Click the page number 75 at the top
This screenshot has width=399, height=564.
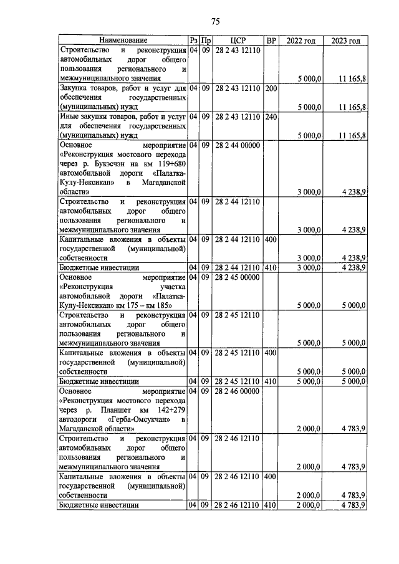pos(215,22)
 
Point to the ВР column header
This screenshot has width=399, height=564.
pos(271,41)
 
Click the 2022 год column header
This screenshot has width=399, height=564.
pos(300,41)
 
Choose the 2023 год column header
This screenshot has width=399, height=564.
pos(345,41)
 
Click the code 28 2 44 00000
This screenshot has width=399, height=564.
pos(238,145)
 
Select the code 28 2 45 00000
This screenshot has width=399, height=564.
pos(238,277)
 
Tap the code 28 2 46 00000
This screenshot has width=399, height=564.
pos(238,391)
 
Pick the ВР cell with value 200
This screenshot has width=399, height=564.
pos(271,88)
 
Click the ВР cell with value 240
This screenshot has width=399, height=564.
pos(271,116)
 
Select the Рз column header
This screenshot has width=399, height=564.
pos(193,41)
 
